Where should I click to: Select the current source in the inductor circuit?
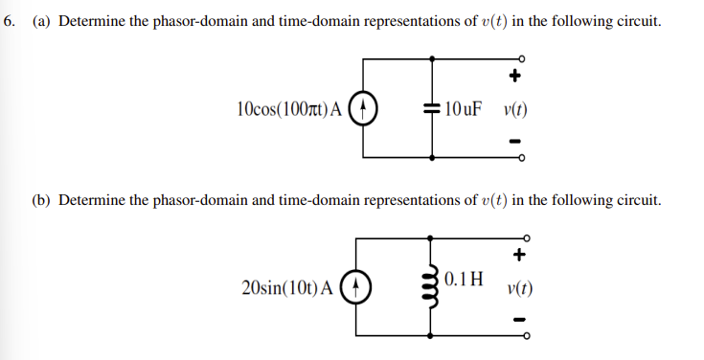tap(356, 286)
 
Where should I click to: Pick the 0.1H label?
tap(465, 281)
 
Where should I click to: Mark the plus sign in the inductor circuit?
tap(519, 255)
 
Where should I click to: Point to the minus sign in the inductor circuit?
tap(519, 320)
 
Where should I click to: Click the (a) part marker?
tap(41, 20)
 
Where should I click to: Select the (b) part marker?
tap(42, 199)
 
